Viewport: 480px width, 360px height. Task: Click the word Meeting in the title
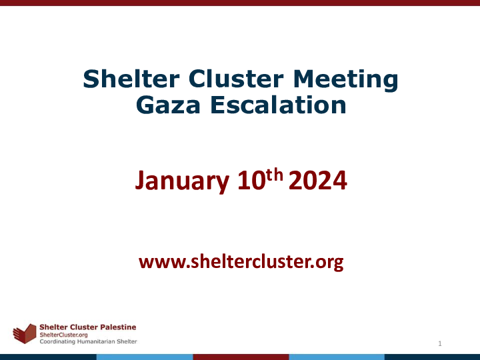tap(345, 80)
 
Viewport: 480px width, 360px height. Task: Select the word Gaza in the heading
tap(168, 105)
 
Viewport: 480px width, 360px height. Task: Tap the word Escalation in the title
tap(278, 105)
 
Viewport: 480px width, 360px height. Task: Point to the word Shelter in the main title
tap(131, 79)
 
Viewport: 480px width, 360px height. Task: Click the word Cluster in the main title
tap(236, 79)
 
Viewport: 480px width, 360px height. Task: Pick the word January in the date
tap(182, 181)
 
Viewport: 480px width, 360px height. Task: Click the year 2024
tap(318, 181)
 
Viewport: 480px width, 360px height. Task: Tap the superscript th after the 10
tap(275, 175)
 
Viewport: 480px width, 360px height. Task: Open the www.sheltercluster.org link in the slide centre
tap(241, 262)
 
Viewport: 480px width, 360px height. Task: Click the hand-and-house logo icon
tap(25, 333)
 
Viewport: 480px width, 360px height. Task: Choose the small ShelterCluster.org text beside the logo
tap(64, 335)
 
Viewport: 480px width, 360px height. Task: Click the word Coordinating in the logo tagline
tap(57, 341)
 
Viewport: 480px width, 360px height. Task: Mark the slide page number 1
tap(440, 343)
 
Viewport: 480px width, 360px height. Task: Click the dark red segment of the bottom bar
tap(241, 357)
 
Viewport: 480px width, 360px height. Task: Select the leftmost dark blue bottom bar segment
tap(49, 357)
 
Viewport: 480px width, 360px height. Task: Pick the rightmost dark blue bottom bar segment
tap(432, 357)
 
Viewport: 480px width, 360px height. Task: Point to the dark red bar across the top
tap(240, 3)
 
